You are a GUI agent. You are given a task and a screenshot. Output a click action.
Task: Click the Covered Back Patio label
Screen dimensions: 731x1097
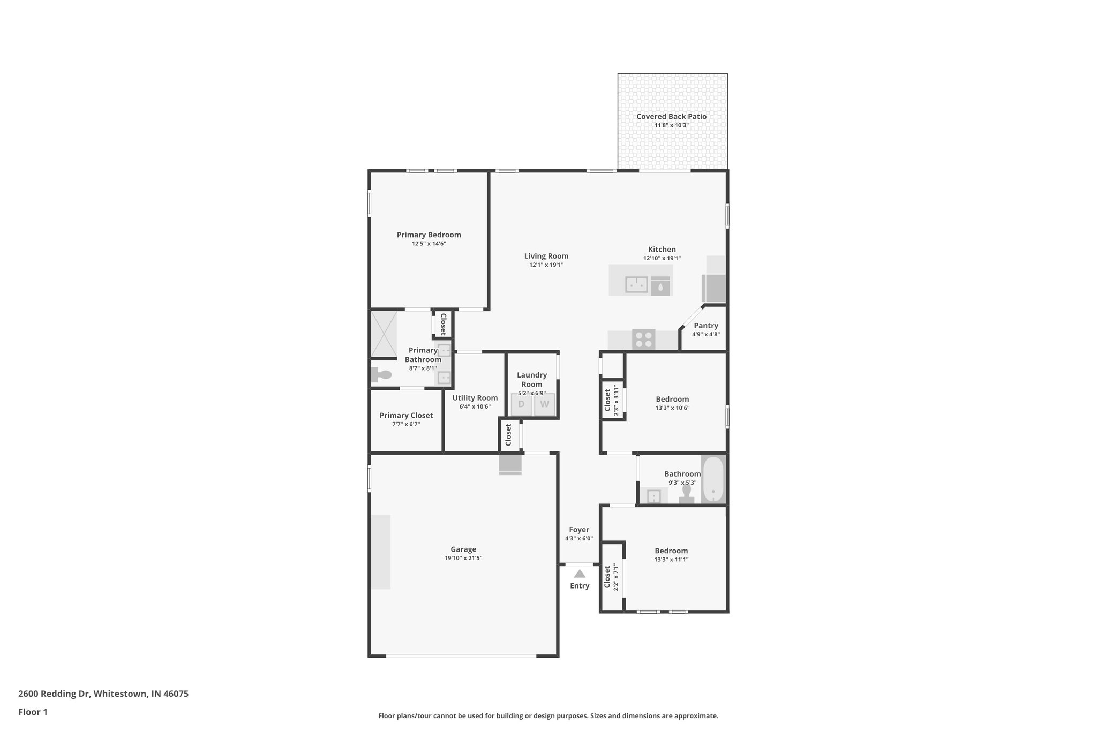point(671,116)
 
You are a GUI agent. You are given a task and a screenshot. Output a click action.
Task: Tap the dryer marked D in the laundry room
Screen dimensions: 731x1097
point(521,404)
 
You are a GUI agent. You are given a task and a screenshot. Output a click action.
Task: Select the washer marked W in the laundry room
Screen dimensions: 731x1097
point(544,404)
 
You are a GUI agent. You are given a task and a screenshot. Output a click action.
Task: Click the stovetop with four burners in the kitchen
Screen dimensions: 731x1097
point(643,340)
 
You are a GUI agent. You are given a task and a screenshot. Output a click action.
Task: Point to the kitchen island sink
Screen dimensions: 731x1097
point(636,284)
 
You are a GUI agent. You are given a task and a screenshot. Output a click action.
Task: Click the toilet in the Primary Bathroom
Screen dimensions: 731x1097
point(382,375)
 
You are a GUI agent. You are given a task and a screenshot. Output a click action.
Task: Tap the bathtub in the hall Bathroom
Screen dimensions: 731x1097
point(713,479)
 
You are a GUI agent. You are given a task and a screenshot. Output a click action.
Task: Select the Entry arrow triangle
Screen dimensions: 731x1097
point(580,574)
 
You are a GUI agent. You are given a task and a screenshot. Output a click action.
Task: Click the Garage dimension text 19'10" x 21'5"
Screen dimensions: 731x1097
point(463,558)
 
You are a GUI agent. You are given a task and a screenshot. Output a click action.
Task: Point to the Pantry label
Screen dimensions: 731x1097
point(705,326)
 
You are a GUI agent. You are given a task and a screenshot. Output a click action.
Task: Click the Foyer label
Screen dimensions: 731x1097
point(579,530)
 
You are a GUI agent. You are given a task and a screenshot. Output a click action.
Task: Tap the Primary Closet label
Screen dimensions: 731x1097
point(406,415)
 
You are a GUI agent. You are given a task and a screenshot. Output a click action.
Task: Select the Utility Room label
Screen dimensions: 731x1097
point(475,398)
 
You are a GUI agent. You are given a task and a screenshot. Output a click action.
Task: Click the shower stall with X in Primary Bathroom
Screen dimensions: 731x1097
point(384,334)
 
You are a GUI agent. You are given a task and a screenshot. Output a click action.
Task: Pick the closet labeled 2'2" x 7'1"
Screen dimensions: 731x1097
point(612,577)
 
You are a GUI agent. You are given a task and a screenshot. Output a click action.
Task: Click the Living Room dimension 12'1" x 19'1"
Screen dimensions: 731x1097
point(546,265)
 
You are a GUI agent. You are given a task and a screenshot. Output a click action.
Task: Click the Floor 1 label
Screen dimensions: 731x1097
point(33,712)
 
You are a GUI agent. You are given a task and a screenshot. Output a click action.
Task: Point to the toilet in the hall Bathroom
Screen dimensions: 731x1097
point(687,493)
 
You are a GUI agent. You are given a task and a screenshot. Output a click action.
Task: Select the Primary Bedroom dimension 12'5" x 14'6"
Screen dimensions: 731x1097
point(429,244)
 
